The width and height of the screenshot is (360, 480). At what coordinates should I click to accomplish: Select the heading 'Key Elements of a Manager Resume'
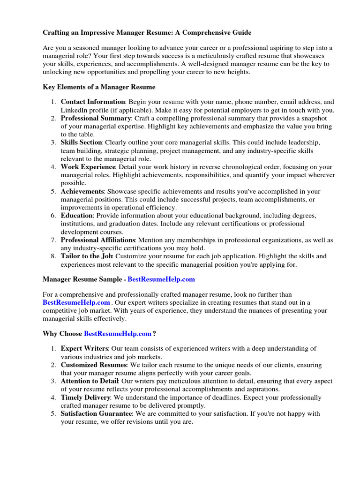coord(99,87)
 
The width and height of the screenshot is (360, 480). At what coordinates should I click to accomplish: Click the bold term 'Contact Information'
coord(93,102)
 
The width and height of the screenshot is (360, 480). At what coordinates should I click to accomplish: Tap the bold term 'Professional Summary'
coord(96,118)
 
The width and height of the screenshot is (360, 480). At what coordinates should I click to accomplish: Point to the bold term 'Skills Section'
coord(82,142)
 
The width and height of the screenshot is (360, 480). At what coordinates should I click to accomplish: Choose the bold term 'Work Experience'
coord(88,167)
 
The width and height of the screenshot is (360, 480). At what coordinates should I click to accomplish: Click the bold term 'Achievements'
coord(82,191)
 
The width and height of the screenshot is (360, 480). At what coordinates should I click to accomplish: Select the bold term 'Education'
coord(77,216)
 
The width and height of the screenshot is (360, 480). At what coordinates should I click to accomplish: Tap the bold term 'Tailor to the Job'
coord(87,256)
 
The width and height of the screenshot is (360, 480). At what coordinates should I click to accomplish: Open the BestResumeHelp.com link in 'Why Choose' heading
coord(118,334)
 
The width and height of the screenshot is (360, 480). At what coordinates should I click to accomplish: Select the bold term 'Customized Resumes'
coord(94,365)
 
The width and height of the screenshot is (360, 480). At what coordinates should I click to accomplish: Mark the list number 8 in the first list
coord(53,256)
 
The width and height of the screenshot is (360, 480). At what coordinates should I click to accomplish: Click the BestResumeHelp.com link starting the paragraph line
coord(76,303)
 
